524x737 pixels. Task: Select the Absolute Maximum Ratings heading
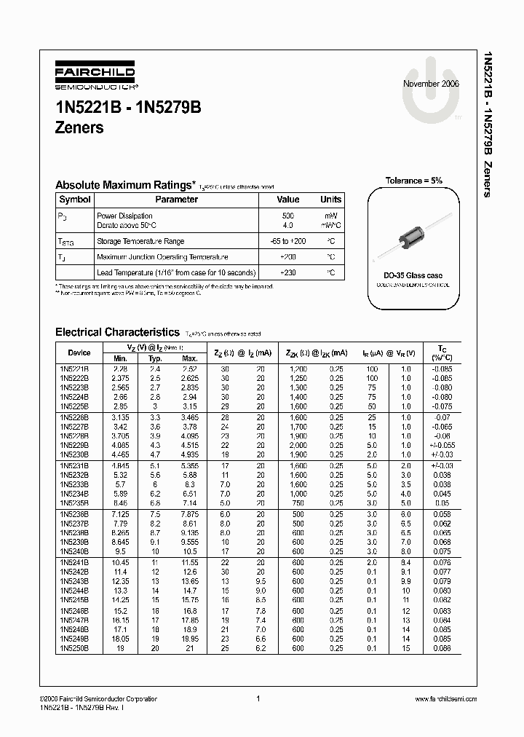coord(125,185)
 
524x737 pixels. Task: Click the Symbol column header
coord(74,200)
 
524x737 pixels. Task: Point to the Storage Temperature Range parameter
coord(140,241)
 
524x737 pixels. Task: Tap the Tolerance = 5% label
coord(413,181)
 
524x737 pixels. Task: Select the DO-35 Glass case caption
coord(413,276)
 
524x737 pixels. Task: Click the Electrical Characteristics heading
coord(117,331)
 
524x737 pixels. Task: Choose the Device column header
coord(79,352)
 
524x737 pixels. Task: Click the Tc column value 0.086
coord(441,647)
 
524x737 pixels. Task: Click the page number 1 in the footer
coord(258,698)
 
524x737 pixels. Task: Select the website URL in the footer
coord(445,698)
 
